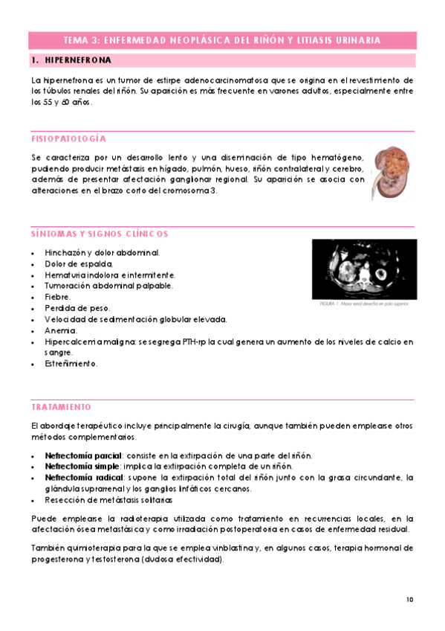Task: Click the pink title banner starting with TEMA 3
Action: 222,40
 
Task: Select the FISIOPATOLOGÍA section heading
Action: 69,139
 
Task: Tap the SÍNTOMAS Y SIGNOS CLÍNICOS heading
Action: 100,234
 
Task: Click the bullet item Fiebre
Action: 58,297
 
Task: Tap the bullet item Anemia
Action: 61,330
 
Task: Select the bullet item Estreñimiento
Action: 71,364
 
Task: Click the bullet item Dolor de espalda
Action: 79,263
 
